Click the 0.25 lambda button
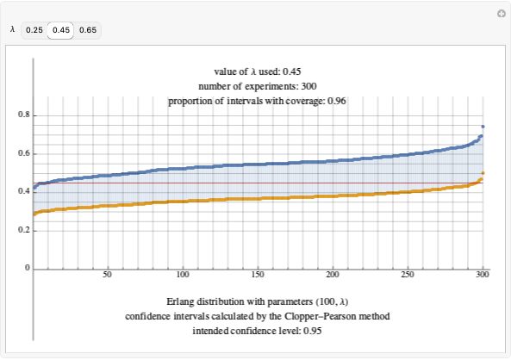pyautogui.click(x=34, y=30)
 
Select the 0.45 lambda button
pyautogui.click(x=60, y=30)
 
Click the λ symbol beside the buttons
pyautogui.click(x=12, y=30)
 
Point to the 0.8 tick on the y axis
pyautogui.click(x=23, y=115)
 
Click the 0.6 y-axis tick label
pyautogui.click(x=23, y=153)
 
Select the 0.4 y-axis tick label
pyautogui.click(x=23, y=192)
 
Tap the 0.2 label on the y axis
pyautogui.click(x=23, y=231)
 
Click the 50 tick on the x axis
pyautogui.click(x=107, y=276)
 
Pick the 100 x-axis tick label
pyautogui.click(x=182, y=276)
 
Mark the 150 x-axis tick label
pyautogui.click(x=257, y=276)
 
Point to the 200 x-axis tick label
pyautogui.click(x=333, y=276)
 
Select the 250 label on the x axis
pyautogui.click(x=408, y=276)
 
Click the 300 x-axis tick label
pyautogui.click(x=483, y=276)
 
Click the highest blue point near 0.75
pyautogui.click(x=483, y=127)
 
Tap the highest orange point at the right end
pyautogui.click(x=483, y=173)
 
